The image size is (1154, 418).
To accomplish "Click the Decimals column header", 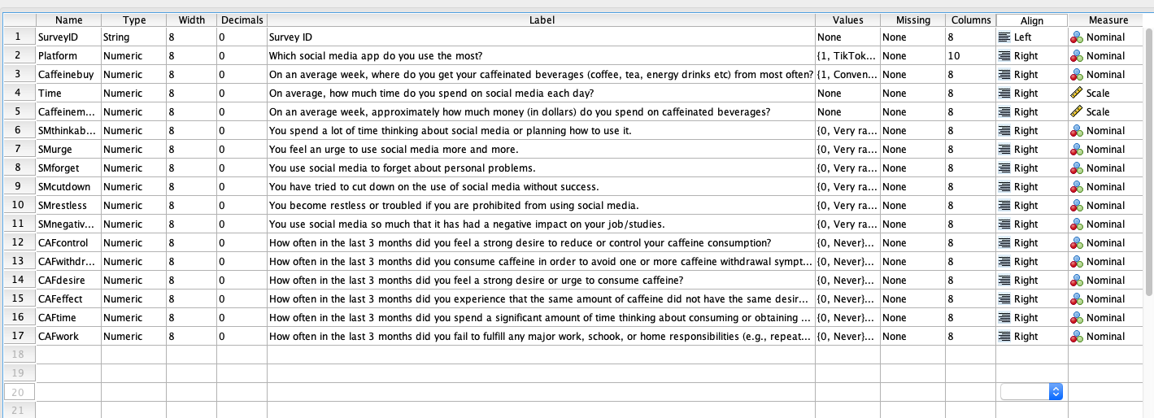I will pos(241,20).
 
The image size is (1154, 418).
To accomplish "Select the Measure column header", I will pos(1108,20).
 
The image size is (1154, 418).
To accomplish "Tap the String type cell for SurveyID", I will pos(116,37).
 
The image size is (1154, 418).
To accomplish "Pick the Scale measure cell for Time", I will pos(1097,94).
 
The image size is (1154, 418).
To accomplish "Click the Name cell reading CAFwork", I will pos(57,337).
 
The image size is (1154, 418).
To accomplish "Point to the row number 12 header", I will pos(17,243).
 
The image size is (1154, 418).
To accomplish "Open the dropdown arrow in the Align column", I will pos(1056,392).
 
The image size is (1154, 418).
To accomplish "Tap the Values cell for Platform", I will pos(846,56).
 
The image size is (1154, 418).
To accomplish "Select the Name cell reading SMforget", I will pos(58,168).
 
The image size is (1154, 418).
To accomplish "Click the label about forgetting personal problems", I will pos(402,168).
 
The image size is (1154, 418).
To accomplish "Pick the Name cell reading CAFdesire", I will pos(60,281).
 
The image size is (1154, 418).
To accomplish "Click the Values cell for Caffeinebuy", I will pos(846,75).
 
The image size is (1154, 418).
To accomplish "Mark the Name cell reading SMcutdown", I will pos(62,187).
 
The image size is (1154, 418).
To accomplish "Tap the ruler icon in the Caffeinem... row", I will pos(1076,112).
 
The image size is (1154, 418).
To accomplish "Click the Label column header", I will pos(541,20).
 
